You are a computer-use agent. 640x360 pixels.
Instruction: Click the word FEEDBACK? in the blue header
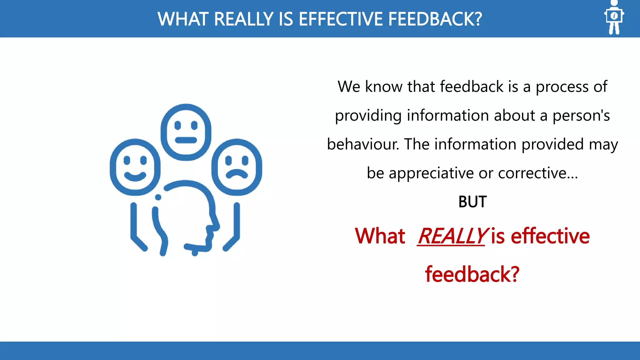435,19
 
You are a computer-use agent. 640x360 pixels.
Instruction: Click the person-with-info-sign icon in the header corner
614,17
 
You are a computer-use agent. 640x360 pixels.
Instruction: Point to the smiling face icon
135,167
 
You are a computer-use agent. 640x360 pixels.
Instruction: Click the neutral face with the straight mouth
186,132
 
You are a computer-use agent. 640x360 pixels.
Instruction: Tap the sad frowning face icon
237,167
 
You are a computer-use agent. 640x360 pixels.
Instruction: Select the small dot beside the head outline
158,197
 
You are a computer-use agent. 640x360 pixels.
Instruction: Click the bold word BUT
472,202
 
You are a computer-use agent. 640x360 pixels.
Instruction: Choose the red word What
380,236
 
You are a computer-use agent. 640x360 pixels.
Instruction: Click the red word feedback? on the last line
472,274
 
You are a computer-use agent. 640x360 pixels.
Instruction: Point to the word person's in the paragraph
581,116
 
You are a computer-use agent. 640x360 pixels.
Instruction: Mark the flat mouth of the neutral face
186,140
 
